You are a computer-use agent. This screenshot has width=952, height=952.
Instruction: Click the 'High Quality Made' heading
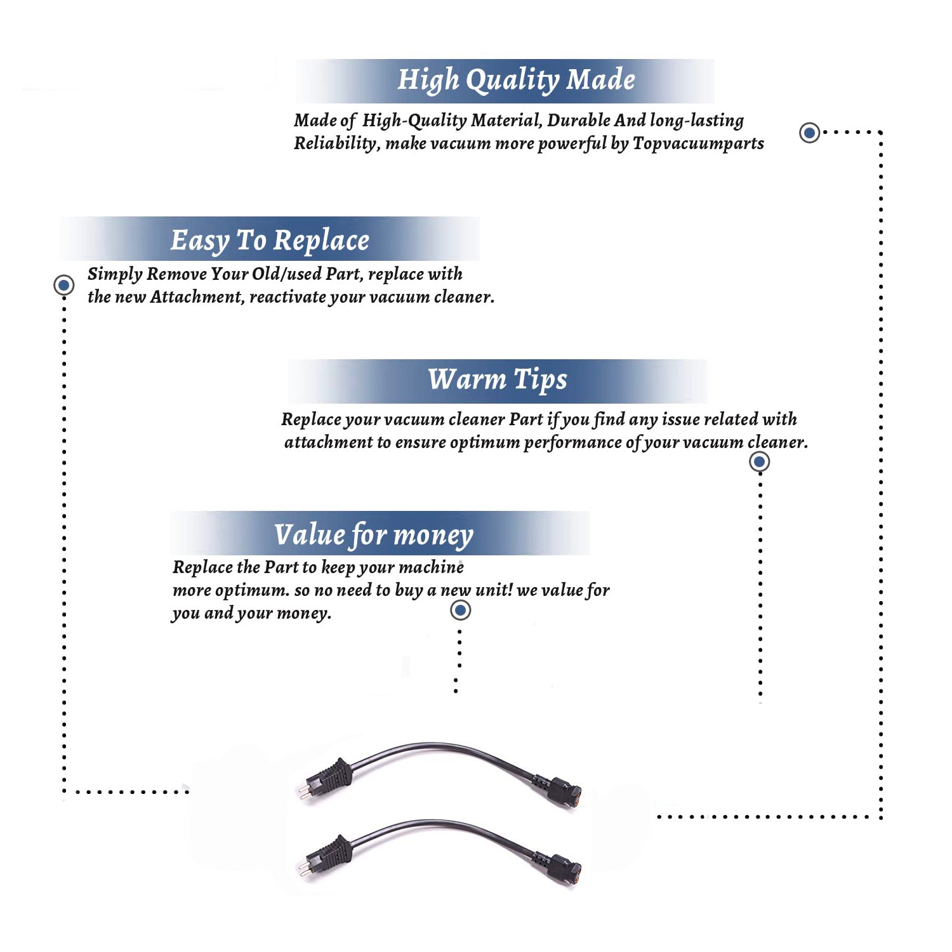[516, 81]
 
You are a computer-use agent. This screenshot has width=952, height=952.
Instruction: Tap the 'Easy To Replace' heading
[270, 241]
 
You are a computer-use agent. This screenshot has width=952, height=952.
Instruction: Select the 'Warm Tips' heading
[497, 380]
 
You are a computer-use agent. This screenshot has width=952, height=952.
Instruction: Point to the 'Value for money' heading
[374, 535]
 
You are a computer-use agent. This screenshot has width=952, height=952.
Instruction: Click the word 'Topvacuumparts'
[698, 144]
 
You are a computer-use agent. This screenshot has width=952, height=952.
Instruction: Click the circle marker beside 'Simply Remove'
[63, 285]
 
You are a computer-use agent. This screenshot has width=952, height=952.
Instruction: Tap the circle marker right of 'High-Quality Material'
[809, 133]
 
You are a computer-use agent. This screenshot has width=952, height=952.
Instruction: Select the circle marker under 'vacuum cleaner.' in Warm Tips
[760, 461]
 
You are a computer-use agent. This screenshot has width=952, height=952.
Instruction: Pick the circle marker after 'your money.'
[460, 610]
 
